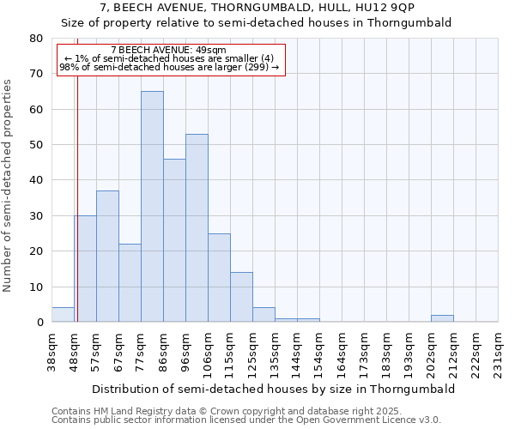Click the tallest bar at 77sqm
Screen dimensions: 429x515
click(152, 206)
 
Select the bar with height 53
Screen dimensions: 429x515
click(197, 227)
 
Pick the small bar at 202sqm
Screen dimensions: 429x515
click(442, 318)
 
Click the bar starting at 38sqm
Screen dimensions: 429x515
click(63, 315)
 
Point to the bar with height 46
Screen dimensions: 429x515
click(174, 240)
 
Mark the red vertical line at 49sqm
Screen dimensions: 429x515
click(77, 214)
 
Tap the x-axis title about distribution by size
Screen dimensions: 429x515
click(273, 389)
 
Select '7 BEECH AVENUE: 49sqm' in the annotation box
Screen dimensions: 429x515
click(169, 51)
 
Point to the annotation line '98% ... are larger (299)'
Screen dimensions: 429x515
click(169, 67)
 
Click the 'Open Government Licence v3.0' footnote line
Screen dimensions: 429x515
click(246, 420)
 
